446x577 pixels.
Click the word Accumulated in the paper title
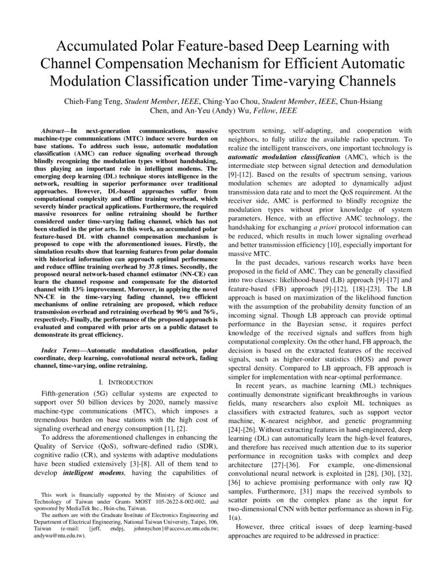point(92,46)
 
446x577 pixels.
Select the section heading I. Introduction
point(123,382)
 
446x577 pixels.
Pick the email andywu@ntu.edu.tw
point(56,537)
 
